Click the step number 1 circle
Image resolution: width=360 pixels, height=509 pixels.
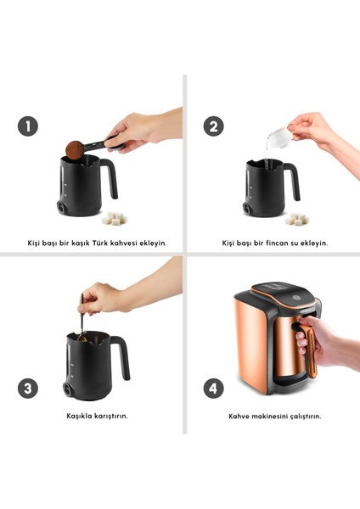point(28,126)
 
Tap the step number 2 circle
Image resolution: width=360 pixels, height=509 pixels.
point(214,126)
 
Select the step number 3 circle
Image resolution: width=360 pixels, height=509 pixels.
point(28,389)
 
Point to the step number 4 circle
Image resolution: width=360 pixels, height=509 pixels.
point(214,389)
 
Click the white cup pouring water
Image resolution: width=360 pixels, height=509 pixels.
point(276,132)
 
